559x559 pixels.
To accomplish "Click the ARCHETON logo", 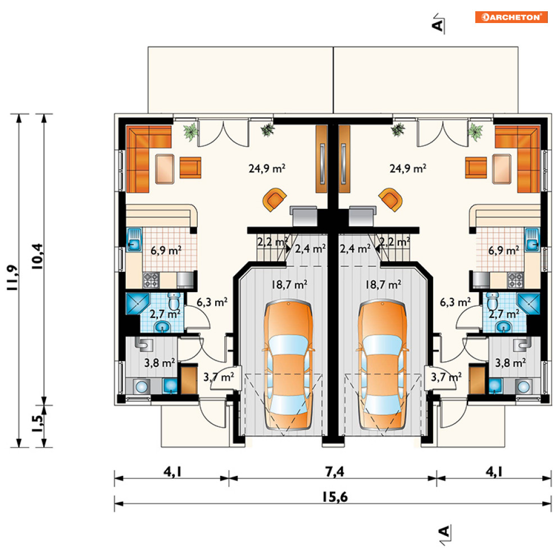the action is [511, 17].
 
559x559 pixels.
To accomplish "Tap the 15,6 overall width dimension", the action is [335, 497].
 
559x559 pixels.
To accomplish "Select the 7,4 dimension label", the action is [335, 471].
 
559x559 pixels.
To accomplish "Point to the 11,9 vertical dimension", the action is [12, 278].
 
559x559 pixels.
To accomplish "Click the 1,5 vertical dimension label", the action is [38, 424].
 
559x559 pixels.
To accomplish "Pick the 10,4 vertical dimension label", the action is [37, 256].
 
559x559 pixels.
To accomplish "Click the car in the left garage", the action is [288, 365].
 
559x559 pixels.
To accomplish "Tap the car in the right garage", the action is [382, 365].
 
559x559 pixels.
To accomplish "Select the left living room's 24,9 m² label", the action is [267, 168].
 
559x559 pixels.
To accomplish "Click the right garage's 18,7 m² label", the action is [383, 284].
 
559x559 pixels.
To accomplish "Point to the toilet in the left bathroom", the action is [174, 302].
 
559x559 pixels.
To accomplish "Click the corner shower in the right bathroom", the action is [528, 304].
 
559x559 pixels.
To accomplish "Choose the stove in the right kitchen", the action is [516, 280].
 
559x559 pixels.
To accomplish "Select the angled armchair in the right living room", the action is [390, 199].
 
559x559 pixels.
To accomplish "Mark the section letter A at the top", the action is [438, 25].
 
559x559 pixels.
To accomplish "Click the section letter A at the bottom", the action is [443, 531].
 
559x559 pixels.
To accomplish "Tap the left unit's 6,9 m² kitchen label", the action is [166, 250].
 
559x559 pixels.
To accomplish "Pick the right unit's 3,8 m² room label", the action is [511, 363].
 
